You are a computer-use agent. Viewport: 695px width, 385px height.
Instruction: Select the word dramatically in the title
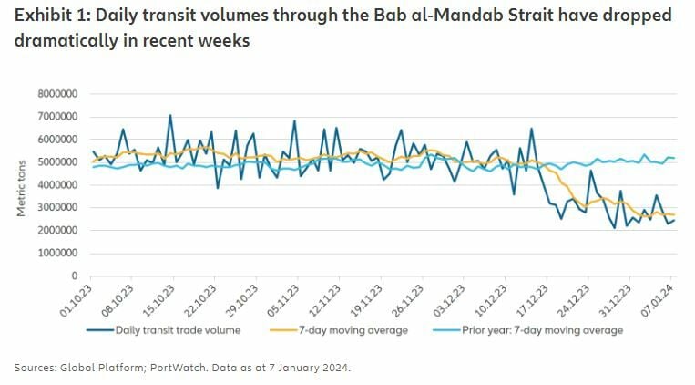(67, 42)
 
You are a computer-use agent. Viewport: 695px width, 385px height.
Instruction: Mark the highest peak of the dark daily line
(169, 116)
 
